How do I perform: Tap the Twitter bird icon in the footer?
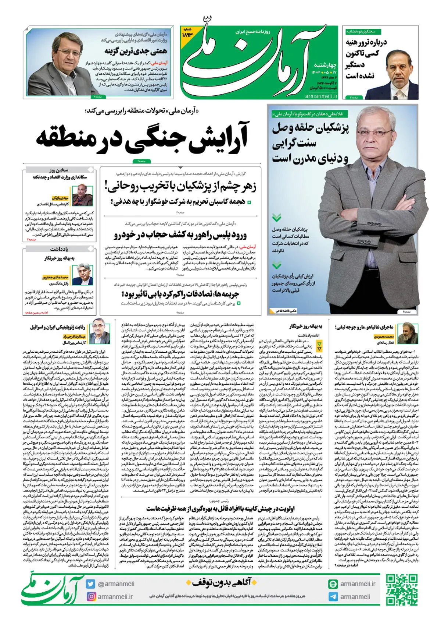click(x=90, y=584)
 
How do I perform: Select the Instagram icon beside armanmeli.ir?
click(x=90, y=596)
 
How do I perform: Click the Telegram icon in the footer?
click(x=333, y=597)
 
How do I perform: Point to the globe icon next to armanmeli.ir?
click(x=333, y=584)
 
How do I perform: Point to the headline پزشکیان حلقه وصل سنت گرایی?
click(x=311, y=142)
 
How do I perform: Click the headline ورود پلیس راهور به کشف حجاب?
click(x=180, y=235)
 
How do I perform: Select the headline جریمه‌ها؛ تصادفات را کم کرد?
click(x=180, y=294)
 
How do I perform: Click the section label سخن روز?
click(x=59, y=170)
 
